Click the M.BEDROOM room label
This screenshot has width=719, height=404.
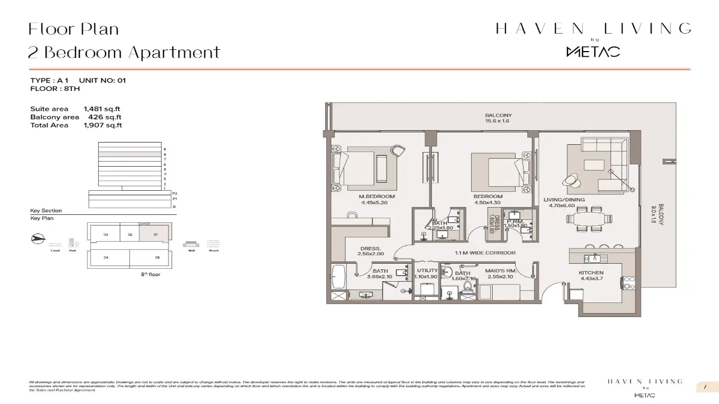coord(377,196)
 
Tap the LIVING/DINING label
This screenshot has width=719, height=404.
coord(564,200)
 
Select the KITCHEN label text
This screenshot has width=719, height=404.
coord(591,273)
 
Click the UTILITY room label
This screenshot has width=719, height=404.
coord(427,270)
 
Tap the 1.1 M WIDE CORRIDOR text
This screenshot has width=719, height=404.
coord(485,253)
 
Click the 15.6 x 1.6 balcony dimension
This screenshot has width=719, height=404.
coord(498,121)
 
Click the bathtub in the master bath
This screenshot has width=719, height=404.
coord(337,277)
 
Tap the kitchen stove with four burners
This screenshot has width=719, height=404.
coord(628,282)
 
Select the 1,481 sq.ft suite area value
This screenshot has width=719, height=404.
coord(102,109)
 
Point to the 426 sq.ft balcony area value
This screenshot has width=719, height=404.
coord(104,117)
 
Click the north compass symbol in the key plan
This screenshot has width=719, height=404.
coord(37,239)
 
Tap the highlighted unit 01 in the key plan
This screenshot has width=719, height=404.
coord(156,233)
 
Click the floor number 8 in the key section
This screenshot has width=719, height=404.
coord(165,154)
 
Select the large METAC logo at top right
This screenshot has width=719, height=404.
coord(593,52)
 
